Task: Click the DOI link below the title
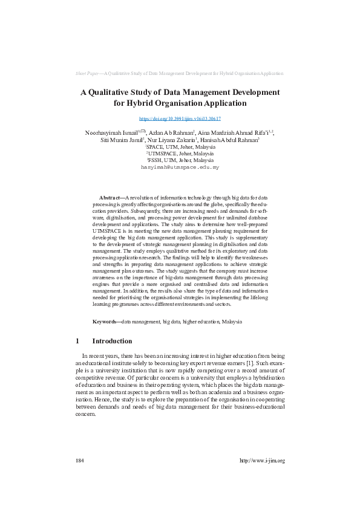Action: (180, 119)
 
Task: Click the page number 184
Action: (79, 461)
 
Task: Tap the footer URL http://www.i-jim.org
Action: (262, 461)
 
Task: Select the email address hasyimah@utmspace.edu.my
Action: (180, 166)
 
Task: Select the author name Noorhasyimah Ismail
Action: (111, 132)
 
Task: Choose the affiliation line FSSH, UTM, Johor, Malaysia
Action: (180, 160)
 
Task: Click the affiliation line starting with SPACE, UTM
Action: (180, 147)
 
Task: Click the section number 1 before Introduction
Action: (77, 341)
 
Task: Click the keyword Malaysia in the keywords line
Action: (232, 322)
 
